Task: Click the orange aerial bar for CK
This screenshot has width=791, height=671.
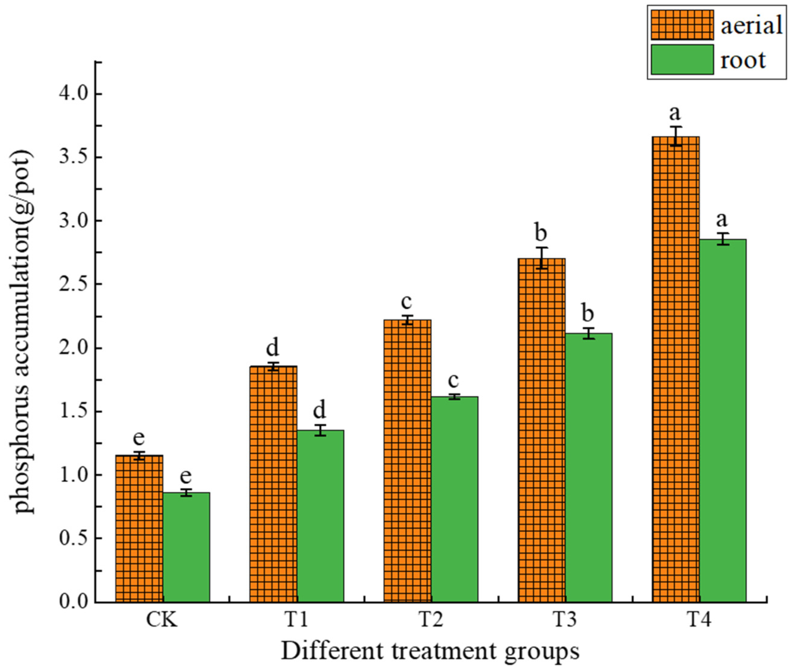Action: point(139,529)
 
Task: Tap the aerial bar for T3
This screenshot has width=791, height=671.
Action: point(542,430)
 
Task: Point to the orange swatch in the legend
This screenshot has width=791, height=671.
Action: point(682,25)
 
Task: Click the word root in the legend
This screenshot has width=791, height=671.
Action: point(743,60)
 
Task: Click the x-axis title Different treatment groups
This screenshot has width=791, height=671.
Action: point(430,651)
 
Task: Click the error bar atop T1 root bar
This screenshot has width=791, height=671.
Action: point(320,430)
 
